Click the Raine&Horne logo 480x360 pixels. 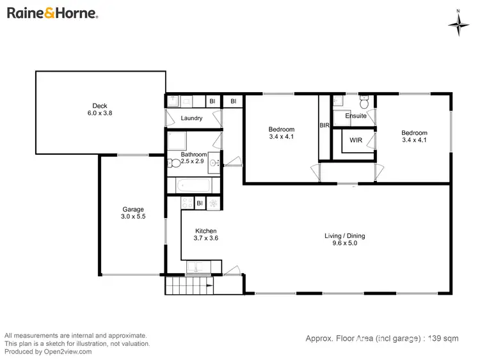point(52,13)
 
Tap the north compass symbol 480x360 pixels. point(458,24)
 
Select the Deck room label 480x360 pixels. point(99,106)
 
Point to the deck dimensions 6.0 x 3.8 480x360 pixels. point(99,113)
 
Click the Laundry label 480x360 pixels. point(191,118)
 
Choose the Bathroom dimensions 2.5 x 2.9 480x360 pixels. point(193,162)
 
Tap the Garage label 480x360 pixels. point(133,209)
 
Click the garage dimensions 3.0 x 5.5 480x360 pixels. point(133,217)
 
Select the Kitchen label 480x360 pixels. point(206,231)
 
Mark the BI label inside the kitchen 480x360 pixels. point(200,203)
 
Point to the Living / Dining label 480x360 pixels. point(344,236)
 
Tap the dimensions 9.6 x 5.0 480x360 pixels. point(344,244)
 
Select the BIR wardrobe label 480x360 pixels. point(324,126)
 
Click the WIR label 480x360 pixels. point(356,140)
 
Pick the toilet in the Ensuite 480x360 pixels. point(364,102)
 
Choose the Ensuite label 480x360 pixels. point(356,116)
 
